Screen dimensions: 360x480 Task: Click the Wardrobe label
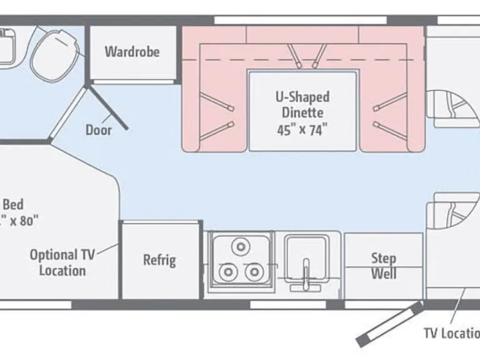132,51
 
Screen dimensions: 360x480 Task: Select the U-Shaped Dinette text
302,105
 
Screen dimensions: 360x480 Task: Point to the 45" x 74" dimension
302,130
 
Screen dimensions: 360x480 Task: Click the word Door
99,130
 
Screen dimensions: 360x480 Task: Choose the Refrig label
159,259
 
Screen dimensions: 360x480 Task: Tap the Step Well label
384,266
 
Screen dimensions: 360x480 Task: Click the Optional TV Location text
62,262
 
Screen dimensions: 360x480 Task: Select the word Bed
13,204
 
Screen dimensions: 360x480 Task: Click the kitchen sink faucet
306,275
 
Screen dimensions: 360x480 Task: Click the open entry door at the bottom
387,324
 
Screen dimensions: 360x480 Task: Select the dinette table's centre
302,111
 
